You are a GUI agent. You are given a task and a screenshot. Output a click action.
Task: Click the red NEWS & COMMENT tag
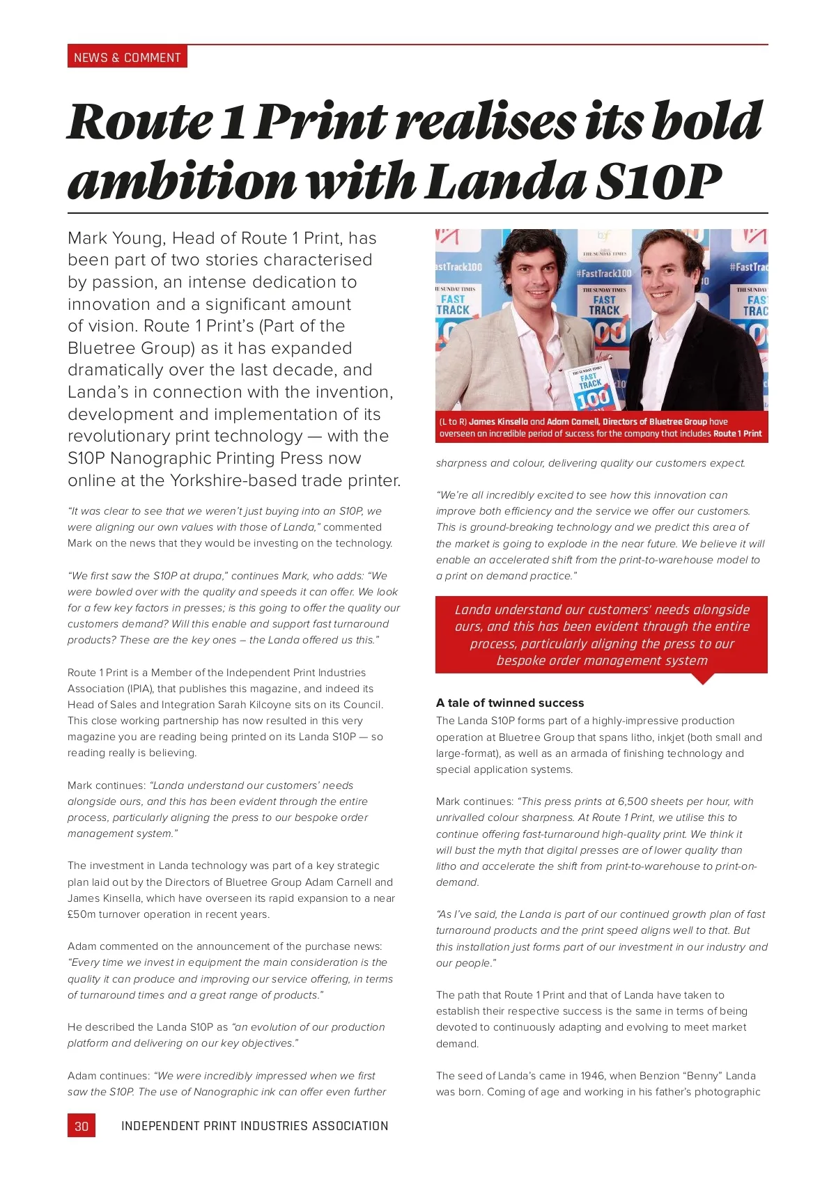coord(127,57)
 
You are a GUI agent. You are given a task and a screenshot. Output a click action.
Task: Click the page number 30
coord(82,1126)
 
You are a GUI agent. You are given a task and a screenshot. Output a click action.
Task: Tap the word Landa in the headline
coord(506,182)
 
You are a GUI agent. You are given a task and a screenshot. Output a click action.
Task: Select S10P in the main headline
coord(658,182)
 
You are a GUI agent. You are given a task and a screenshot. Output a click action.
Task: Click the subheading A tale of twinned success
coord(510,703)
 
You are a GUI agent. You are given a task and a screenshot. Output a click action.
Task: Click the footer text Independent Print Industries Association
coord(254,1126)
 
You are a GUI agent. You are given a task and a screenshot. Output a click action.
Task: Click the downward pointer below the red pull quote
coord(703,679)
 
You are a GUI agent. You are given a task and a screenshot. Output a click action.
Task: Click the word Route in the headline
coord(139,122)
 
